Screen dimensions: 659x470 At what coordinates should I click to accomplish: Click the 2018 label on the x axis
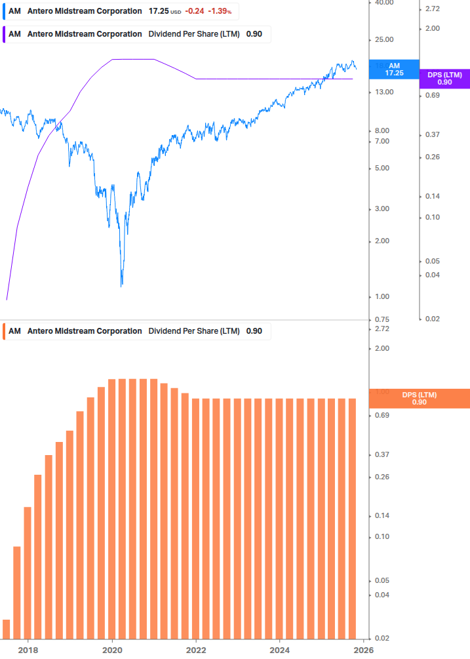pos(28,650)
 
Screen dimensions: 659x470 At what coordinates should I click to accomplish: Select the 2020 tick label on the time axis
pos(113,650)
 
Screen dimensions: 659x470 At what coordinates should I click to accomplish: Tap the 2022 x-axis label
pos(196,650)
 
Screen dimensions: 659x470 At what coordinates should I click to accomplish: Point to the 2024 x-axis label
pos(280,650)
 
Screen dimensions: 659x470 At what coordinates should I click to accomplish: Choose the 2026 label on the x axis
pos(363,650)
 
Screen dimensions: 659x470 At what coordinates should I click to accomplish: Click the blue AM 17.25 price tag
pos(394,70)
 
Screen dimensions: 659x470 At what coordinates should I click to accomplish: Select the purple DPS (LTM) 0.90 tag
pos(444,79)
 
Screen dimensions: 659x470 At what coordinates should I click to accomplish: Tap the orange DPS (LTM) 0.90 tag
pos(420,398)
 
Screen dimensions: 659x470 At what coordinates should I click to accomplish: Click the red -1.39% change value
pos(219,11)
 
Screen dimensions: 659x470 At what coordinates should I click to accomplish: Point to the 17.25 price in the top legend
pos(159,11)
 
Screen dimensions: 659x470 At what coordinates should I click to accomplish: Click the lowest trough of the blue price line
pos(122,285)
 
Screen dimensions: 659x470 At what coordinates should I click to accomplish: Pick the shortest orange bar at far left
pos(7,628)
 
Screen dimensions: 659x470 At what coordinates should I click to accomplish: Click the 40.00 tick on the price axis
pos(383,3)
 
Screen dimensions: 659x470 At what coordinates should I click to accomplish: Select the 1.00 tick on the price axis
pos(382,297)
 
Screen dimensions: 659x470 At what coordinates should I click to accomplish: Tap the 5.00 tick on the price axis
pos(382,169)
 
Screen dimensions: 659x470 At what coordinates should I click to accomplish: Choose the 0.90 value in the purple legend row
pos(254,34)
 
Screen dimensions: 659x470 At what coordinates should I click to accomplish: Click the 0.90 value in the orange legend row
pos(254,331)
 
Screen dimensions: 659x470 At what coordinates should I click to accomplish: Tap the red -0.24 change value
pos(193,11)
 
